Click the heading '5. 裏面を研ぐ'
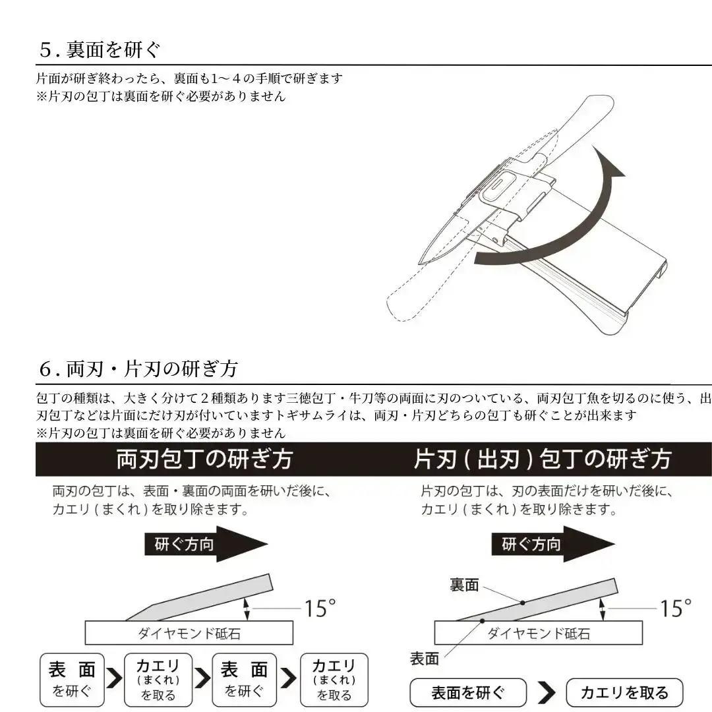click(x=101, y=49)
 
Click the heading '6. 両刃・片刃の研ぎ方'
click(x=138, y=369)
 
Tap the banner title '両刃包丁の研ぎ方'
click(x=204, y=459)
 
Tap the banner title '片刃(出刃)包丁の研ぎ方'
click(x=542, y=459)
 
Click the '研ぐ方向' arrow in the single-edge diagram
click(x=552, y=545)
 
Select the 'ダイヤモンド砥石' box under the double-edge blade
click(x=189, y=634)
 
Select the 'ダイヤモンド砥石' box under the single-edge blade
click(x=538, y=634)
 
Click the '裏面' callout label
click(x=465, y=585)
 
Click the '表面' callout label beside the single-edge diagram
click(x=425, y=658)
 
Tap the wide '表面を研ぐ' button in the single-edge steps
click(x=468, y=693)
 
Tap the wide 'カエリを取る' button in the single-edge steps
click(x=624, y=693)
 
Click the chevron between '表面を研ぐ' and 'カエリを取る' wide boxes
click(x=547, y=693)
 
